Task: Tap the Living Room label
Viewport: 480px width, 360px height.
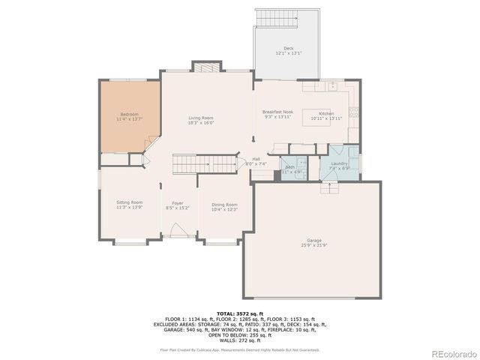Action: (201, 118)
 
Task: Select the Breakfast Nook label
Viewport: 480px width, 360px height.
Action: (277, 112)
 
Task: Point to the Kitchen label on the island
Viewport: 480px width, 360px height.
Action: (325, 114)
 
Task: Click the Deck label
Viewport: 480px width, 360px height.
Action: (289, 48)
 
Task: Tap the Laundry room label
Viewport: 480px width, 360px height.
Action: (338, 163)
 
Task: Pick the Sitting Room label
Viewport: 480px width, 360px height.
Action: (129, 202)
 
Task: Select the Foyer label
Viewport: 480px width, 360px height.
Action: (178, 203)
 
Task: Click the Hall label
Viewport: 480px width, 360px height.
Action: (256, 159)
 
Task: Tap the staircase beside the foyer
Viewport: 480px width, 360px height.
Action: (191, 163)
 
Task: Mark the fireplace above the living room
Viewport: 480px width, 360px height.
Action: (208, 67)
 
